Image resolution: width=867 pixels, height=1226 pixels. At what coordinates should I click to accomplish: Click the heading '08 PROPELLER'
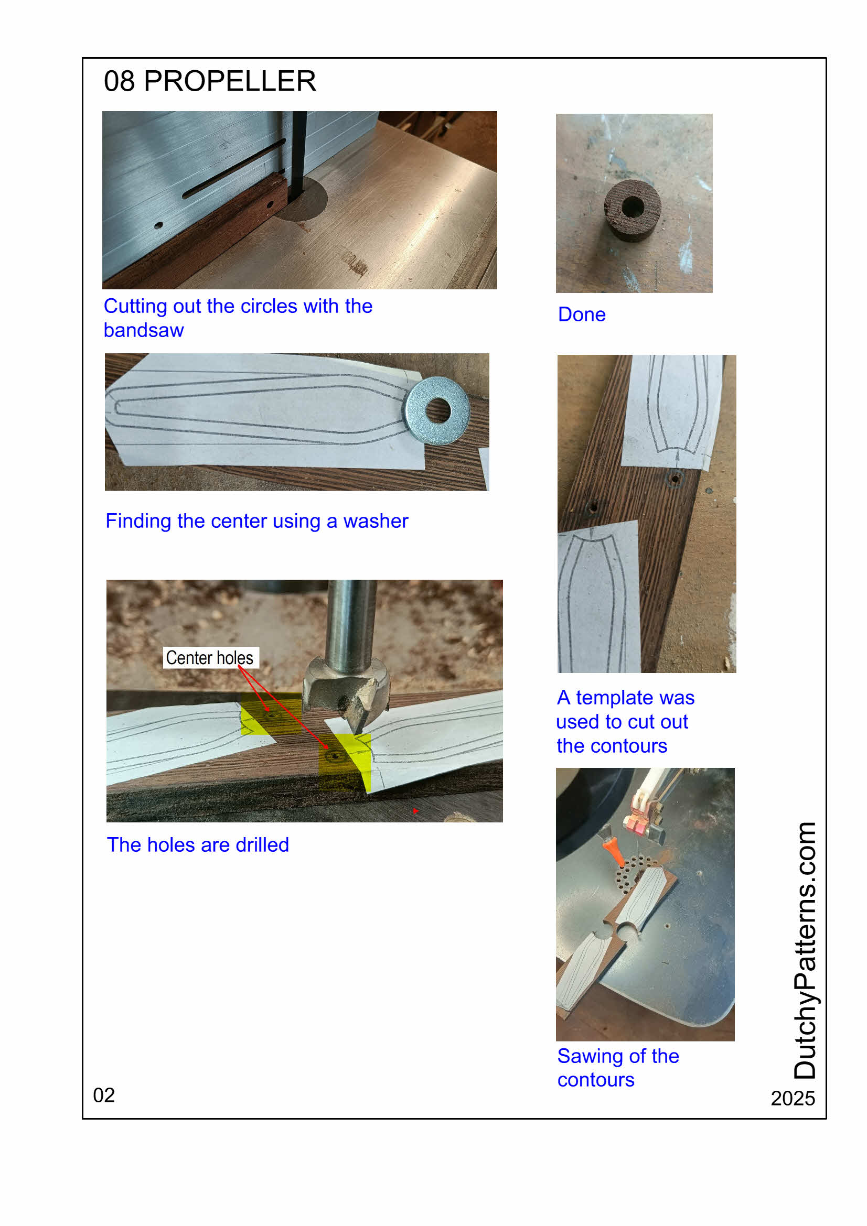(209, 81)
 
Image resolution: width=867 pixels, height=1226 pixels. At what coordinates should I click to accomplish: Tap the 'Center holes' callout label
(210, 658)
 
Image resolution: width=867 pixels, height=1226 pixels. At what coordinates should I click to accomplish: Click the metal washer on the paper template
(437, 410)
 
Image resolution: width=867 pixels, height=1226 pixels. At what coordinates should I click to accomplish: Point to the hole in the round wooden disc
(633, 207)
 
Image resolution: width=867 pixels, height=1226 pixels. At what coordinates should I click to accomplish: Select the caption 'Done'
(582, 314)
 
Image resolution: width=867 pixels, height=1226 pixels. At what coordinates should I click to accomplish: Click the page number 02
(104, 1095)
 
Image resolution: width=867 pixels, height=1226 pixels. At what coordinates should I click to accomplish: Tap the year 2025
(793, 1099)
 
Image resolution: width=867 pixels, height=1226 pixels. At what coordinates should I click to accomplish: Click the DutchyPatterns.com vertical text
(805, 950)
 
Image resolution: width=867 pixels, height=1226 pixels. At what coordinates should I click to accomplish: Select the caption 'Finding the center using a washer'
(256, 521)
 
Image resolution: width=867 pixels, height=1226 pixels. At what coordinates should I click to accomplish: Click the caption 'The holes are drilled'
(198, 845)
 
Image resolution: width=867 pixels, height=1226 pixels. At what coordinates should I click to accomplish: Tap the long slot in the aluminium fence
(234, 169)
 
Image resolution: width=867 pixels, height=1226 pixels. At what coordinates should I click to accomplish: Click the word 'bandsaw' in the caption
(144, 331)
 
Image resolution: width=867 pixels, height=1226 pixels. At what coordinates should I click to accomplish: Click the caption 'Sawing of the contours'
(618, 1068)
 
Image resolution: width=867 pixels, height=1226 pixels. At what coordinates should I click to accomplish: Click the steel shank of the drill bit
(351, 625)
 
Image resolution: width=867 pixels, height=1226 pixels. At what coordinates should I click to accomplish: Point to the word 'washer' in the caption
(376, 521)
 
